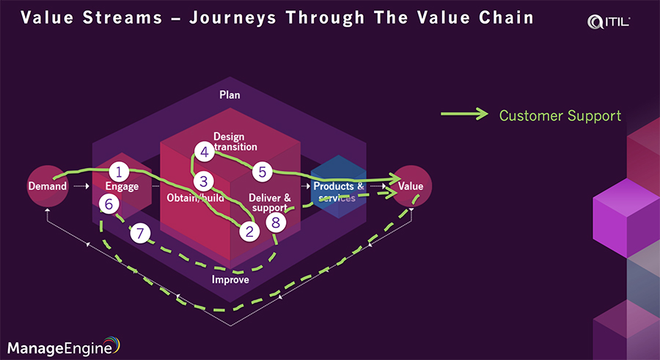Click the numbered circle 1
[119, 172]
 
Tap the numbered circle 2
[250, 232]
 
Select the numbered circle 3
[203, 180]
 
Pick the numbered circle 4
[204, 152]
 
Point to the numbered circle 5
[262, 172]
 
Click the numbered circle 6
[109, 205]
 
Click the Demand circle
[48, 186]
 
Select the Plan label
[230, 95]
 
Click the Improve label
[230, 279]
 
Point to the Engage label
[122, 187]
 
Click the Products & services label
[339, 191]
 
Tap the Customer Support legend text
[560, 115]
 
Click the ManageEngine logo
[63, 345]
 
